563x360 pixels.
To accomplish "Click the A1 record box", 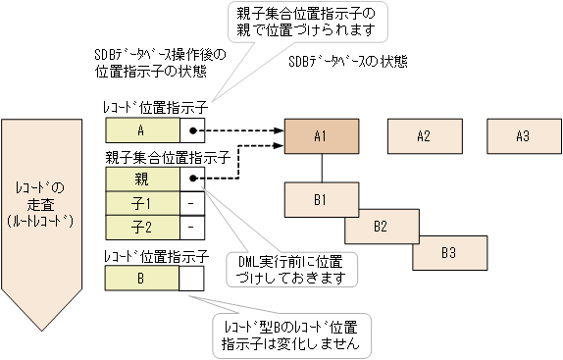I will pos(320,135).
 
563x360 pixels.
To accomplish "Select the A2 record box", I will pos(424,135).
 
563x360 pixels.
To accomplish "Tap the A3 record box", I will pos(522,135).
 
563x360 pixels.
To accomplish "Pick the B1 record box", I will pos(320,199).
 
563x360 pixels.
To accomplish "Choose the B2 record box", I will pos(380,226).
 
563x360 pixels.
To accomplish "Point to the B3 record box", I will pos(447,252).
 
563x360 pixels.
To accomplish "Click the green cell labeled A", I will pos(142,130).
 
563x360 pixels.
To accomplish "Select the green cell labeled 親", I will pos(142,179).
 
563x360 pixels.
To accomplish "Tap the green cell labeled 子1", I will pos(142,203).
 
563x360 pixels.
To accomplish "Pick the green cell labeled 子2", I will pos(142,227).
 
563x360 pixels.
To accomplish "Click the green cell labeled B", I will pos(142,278).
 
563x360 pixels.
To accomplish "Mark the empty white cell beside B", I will pos(192,278).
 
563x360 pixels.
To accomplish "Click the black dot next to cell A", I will pos(194,130).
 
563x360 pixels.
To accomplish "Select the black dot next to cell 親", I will pos(194,179).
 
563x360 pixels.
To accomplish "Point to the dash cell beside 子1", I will pos(192,203).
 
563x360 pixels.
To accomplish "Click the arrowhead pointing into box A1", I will pos(280,130).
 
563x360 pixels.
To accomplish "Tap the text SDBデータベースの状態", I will pos(348,60).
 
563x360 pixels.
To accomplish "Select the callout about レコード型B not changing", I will pos(291,334).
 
